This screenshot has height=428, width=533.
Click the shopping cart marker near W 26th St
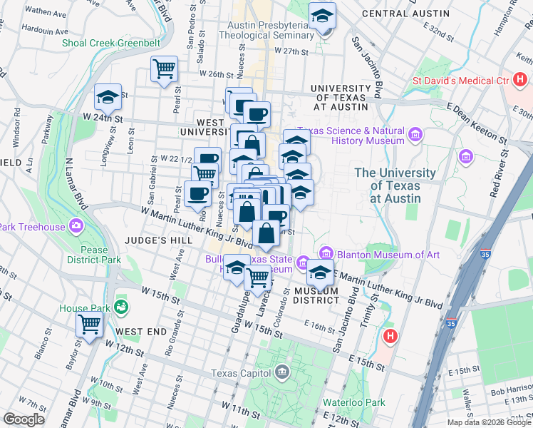point(165,70)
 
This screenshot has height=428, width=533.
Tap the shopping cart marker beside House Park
point(90,324)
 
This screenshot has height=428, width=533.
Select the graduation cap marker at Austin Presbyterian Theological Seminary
point(322,16)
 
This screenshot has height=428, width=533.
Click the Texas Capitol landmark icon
point(283,372)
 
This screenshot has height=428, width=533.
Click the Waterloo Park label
point(353,402)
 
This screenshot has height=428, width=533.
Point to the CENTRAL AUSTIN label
point(405,14)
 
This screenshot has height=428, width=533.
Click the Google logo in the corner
point(24,419)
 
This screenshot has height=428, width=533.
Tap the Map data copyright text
point(489,422)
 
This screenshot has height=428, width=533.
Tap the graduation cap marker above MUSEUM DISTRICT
point(321,272)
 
